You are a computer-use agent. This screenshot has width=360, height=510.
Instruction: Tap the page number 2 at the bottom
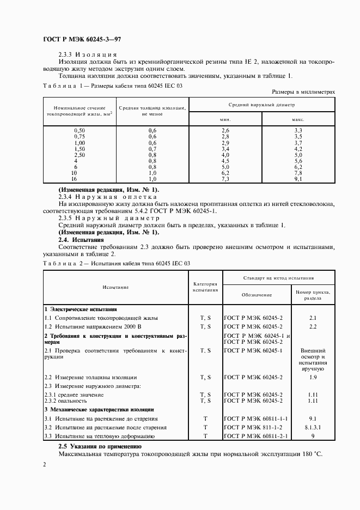click(45, 464)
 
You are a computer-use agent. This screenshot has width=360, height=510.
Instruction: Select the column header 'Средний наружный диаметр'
click(261, 104)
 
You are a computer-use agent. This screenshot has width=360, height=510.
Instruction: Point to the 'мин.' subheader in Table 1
click(225, 119)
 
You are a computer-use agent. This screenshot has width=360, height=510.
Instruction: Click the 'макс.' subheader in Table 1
click(298, 119)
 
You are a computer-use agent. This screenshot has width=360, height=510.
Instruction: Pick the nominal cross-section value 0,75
click(80, 136)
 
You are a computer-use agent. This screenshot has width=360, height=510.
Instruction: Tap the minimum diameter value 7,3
click(225, 178)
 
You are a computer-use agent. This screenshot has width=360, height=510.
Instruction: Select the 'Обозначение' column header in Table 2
click(257, 294)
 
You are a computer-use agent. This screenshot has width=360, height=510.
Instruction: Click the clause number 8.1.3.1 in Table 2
click(313, 427)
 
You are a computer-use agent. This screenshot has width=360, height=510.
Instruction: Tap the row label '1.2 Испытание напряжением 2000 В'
click(93, 326)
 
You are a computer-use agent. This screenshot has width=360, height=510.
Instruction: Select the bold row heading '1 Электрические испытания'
click(77, 308)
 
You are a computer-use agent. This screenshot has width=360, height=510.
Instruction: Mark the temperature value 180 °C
click(313, 453)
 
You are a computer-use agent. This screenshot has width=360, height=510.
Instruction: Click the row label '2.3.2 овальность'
click(69, 400)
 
